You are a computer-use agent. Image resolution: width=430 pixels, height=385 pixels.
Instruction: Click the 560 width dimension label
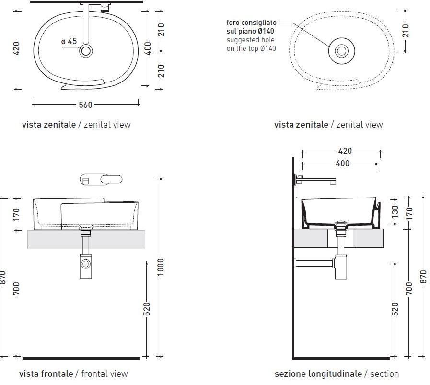[85, 105]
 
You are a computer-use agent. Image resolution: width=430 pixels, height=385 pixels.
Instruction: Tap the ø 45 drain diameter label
[69, 41]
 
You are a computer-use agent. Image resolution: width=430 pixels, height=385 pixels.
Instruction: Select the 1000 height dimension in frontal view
[160, 267]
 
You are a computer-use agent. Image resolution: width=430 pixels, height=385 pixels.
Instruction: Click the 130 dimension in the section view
[395, 212]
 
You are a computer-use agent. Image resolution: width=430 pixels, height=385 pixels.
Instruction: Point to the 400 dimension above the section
[343, 163]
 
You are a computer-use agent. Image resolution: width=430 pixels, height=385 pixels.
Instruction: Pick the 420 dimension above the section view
[345, 151]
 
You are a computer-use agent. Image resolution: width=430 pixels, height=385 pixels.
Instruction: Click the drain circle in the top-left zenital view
[86, 51]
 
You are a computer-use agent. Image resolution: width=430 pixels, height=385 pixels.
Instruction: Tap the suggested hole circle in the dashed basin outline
[342, 51]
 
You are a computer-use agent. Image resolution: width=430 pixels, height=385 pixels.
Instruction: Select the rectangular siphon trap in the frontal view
[85, 266]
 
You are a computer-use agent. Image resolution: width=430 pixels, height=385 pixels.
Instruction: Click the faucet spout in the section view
[316, 181]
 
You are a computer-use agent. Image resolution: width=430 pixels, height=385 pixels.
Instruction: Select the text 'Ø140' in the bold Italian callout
[266, 31]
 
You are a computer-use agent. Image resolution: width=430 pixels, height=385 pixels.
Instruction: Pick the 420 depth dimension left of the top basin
[17, 48]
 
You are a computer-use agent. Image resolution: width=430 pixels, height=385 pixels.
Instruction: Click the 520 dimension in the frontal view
[147, 309]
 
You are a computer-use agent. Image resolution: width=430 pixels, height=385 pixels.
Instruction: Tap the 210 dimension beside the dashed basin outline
[406, 31]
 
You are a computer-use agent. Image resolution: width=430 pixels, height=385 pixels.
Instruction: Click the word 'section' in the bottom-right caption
[384, 374]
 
